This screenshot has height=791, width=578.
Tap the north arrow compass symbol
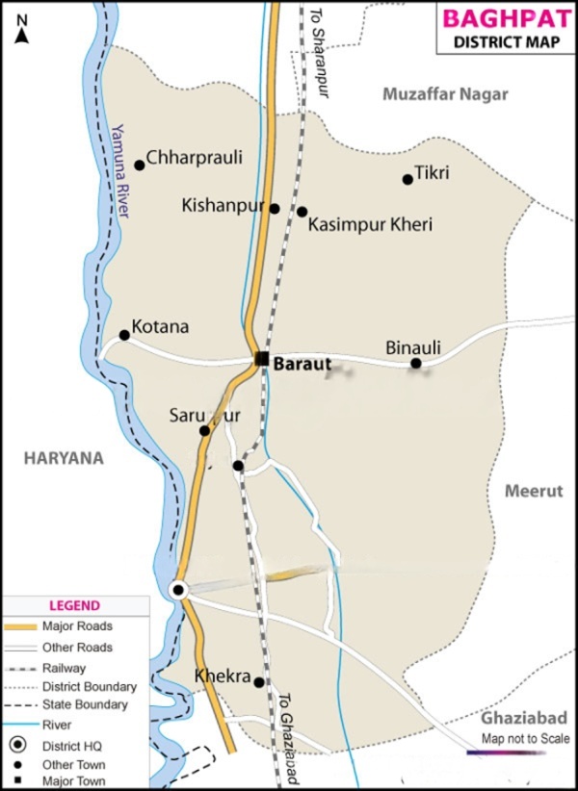[x=22, y=28]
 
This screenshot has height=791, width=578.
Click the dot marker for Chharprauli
[x=140, y=165]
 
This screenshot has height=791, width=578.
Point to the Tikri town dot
[x=407, y=179]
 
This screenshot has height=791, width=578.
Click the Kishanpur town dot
[x=275, y=208]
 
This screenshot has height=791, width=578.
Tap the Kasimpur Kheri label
[x=371, y=224]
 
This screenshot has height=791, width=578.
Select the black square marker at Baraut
[x=262, y=359]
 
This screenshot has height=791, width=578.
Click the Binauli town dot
[x=415, y=363]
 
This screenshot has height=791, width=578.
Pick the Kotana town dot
[x=124, y=335]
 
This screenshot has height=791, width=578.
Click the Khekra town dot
[x=259, y=681]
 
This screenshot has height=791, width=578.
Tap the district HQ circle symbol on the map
[x=177, y=590]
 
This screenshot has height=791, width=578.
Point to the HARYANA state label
[x=65, y=459]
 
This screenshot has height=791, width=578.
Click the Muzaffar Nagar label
[x=444, y=94]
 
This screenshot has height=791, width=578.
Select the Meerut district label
[x=533, y=491]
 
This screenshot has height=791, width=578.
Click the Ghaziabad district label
[x=524, y=718]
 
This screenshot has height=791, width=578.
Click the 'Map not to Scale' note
[x=526, y=739]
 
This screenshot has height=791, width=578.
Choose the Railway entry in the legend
[x=64, y=668]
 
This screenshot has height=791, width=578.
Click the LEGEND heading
[x=74, y=605]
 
